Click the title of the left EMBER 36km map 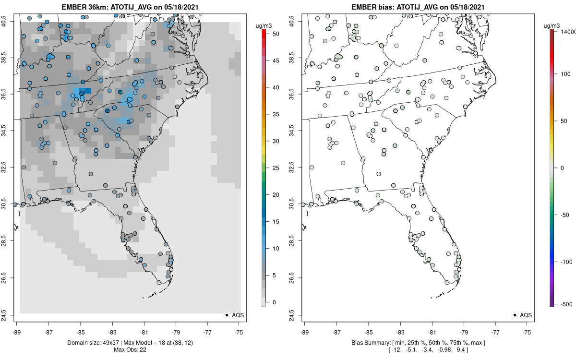(x=130, y=7)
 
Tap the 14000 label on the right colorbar (x=568, y=31)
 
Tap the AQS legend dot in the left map (x=226, y=315)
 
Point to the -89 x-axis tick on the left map (x=16, y=332)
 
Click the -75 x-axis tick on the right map (x=527, y=332)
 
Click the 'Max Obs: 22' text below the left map (x=130, y=349)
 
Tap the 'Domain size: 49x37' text (x=96, y=343)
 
